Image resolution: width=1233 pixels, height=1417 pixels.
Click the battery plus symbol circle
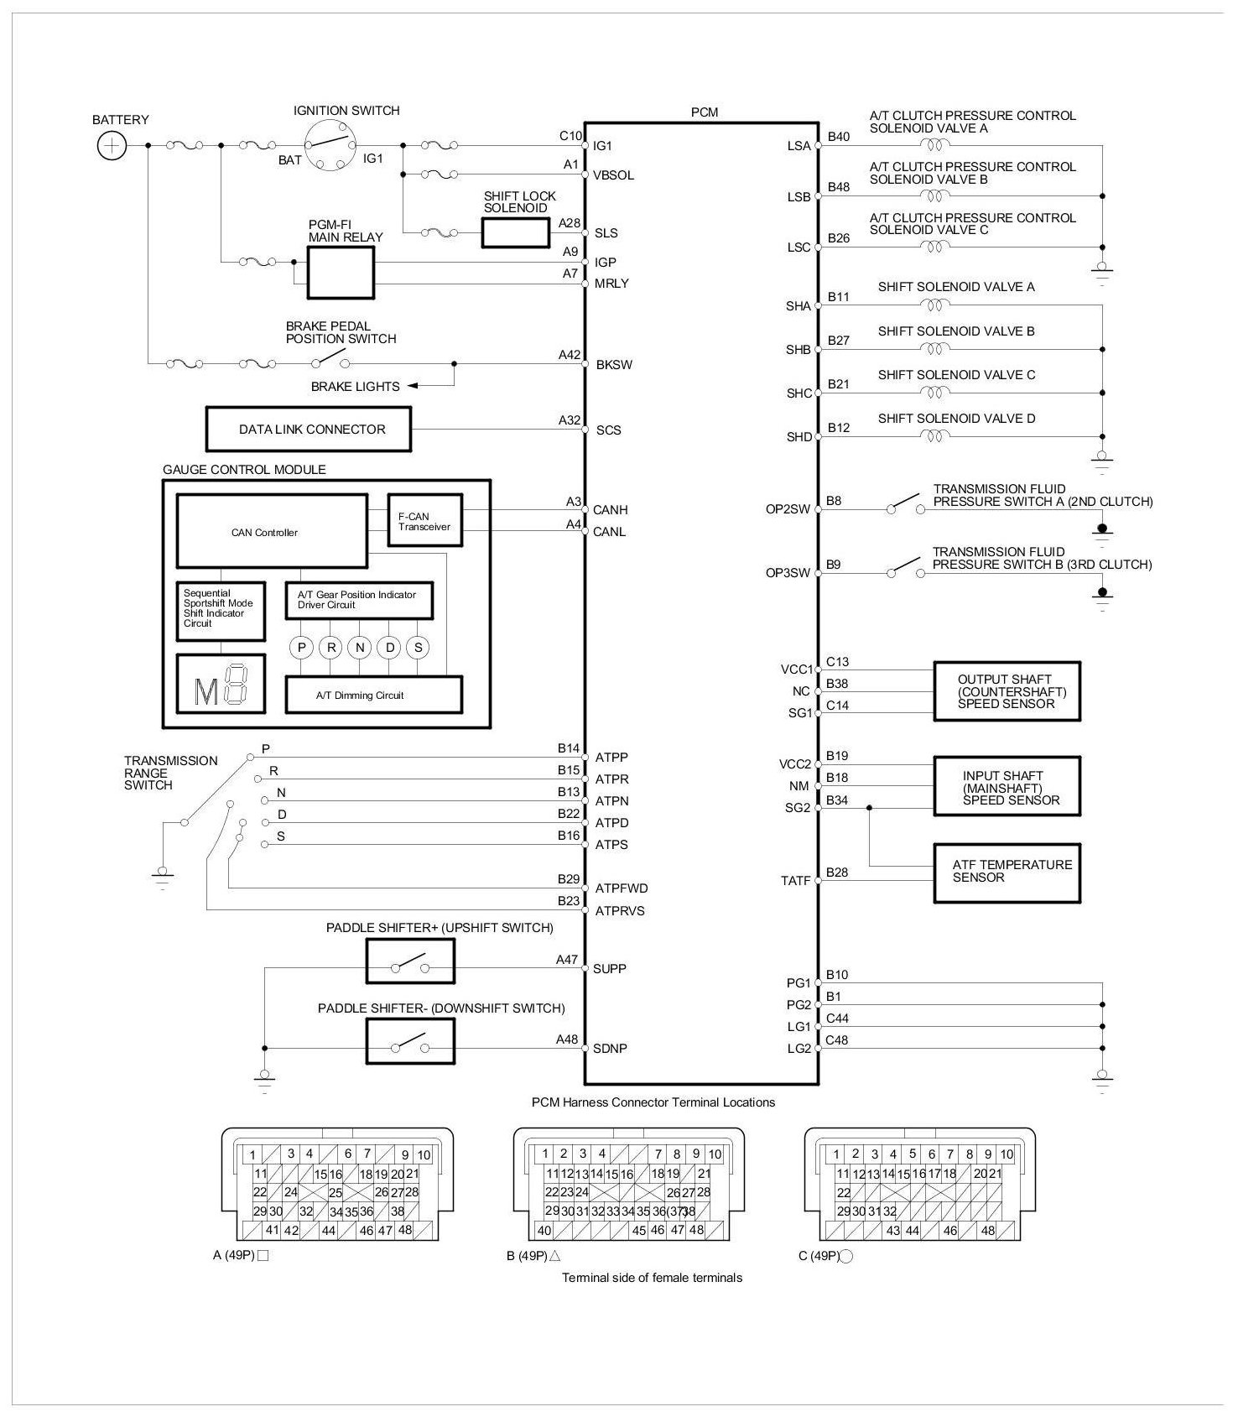pos(112,146)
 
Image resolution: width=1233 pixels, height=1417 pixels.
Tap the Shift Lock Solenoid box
pos(515,232)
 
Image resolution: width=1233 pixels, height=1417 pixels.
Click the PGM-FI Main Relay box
pos(341,273)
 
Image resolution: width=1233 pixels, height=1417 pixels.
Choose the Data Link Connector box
pos(309,430)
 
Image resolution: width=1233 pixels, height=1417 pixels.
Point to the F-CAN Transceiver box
pos(424,521)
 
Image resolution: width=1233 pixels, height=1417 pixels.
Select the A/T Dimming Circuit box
pos(373,695)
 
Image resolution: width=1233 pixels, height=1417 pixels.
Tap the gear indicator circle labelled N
pos(360,648)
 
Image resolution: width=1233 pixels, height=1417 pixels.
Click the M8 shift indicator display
pos(221,684)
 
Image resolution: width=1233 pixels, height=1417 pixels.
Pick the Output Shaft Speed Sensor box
pos(1007,691)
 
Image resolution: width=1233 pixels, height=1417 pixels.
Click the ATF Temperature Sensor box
pos(1007,873)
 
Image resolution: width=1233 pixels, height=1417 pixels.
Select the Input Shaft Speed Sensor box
pos(1007,787)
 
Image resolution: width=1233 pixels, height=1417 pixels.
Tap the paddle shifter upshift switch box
pos(410,961)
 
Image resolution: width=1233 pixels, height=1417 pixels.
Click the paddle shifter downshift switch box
pos(410,1041)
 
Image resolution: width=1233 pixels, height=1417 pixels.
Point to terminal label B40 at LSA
pos(839,137)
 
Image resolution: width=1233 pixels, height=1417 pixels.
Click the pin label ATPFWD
pos(622,888)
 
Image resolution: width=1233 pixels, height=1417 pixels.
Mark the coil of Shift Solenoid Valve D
pos(934,436)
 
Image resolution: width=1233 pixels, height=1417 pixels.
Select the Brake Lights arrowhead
pos(414,386)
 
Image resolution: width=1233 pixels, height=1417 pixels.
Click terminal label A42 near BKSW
pos(570,355)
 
